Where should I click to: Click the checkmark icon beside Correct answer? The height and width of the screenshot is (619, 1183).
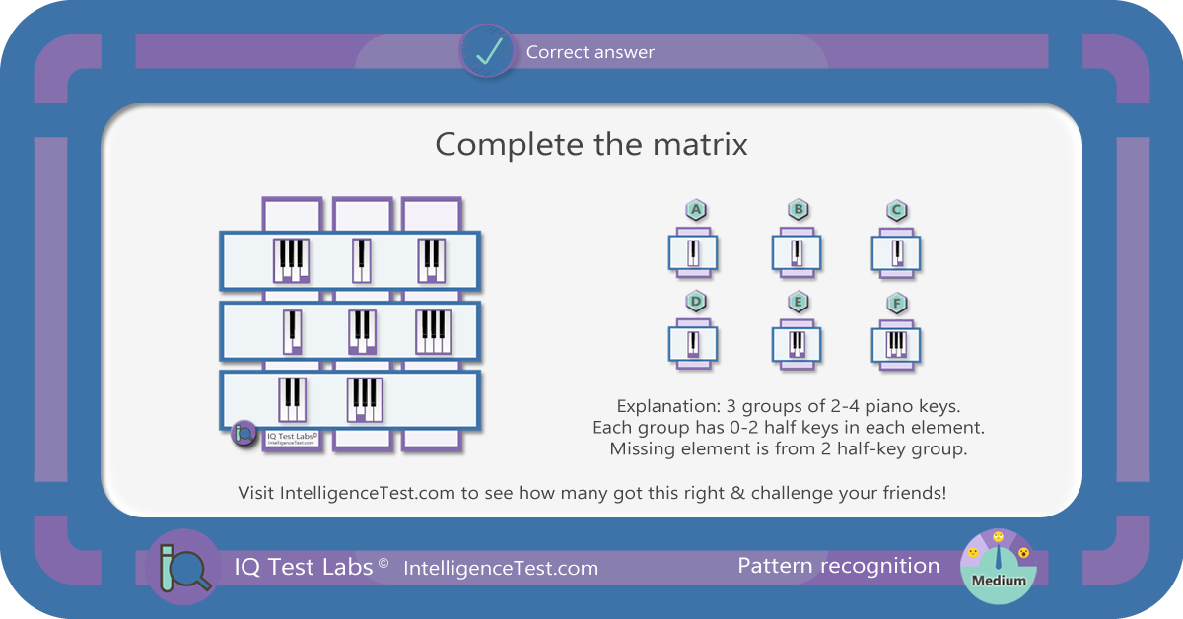pos(487,51)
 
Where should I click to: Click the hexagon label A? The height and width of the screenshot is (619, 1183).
pos(696,210)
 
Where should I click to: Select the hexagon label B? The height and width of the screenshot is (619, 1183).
pos(798,209)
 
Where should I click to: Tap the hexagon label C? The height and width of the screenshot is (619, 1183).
pos(897,210)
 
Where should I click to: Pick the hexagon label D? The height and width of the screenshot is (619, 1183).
pos(696,301)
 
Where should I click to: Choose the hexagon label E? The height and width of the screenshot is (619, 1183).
pos(798,302)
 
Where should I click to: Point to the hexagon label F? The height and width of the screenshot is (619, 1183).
pos(897,304)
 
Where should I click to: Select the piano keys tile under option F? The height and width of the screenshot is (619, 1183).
pos(896,345)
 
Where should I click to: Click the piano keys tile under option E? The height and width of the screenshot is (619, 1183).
pos(797,344)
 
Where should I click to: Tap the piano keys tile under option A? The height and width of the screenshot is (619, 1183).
pos(693,253)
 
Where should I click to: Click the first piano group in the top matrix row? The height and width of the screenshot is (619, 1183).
pos(292,260)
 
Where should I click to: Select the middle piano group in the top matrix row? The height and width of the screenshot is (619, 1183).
pos(362,260)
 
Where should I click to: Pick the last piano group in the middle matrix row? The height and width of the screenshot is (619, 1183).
pos(434,332)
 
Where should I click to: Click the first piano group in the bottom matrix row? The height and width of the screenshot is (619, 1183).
pos(292,399)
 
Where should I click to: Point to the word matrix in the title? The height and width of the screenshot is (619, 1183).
pos(700,144)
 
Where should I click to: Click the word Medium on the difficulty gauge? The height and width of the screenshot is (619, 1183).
pos(999,581)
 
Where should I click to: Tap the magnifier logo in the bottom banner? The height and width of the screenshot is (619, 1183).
pos(183,567)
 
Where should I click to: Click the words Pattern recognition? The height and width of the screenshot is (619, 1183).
pos(839,566)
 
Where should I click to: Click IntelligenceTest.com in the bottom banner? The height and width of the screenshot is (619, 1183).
pos(501,569)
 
